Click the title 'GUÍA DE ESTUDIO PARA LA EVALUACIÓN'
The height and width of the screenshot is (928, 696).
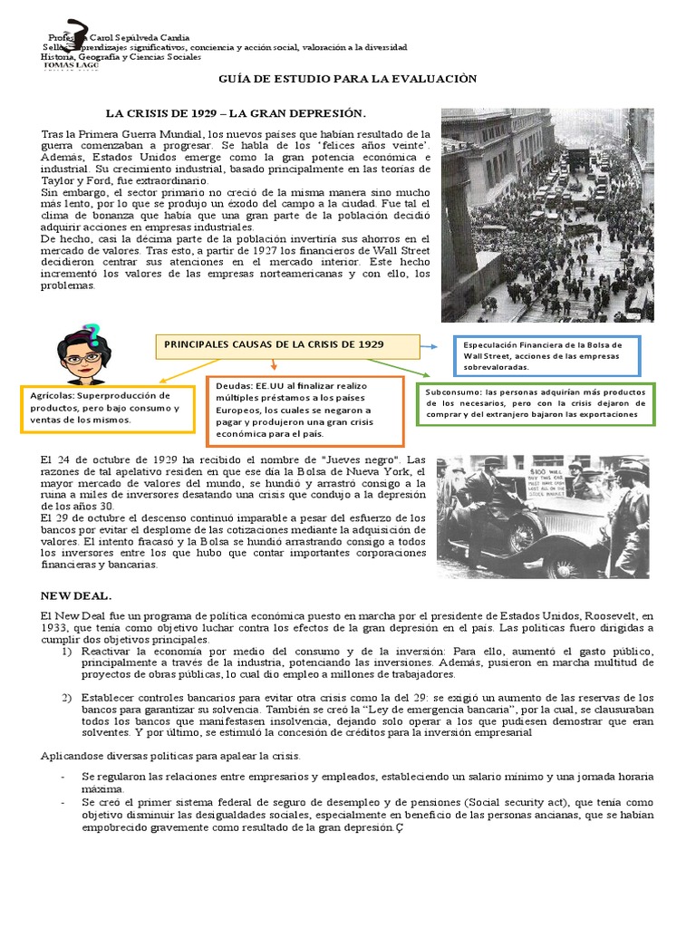[x=348, y=80]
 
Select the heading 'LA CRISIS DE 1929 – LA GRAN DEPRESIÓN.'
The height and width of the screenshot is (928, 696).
[x=236, y=113]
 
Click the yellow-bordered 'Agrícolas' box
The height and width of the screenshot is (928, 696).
[x=106, y=409]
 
